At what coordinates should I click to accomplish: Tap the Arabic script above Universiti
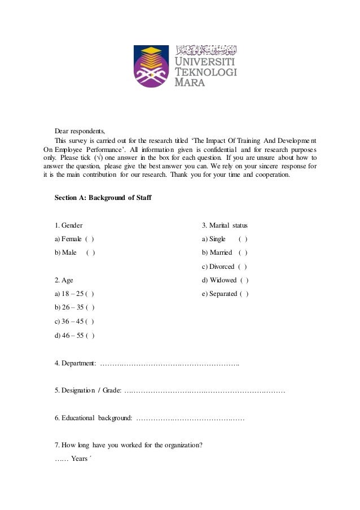click(204, 50)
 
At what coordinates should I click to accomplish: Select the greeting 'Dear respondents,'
click(80, 130)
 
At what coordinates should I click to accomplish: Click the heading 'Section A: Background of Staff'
click(103, 198)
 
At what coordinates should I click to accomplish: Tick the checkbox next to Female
click(89, 239)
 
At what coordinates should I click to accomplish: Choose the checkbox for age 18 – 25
click(89, 294)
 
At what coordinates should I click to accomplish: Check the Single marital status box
click(243, 239)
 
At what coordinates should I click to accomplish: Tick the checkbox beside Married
click(243, 252)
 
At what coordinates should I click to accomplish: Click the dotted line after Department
click(169, 363)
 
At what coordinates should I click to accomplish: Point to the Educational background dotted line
click(190, 418)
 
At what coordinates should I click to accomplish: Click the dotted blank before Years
click(62, 459)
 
